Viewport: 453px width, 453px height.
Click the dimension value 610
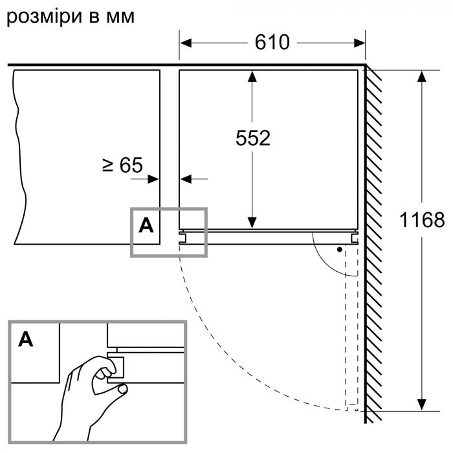pyautogui.click(x=272, y=43)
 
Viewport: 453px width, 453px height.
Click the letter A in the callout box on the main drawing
pyautogui.click(x=147, y=226)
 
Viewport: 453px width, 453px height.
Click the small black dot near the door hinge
pyautogui.click(x=338, y=249)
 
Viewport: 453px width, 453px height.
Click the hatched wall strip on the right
pyautogui.click(x=373, y=239)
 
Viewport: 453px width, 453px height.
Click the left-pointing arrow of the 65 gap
pyautogui.click(x=187, y=178)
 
